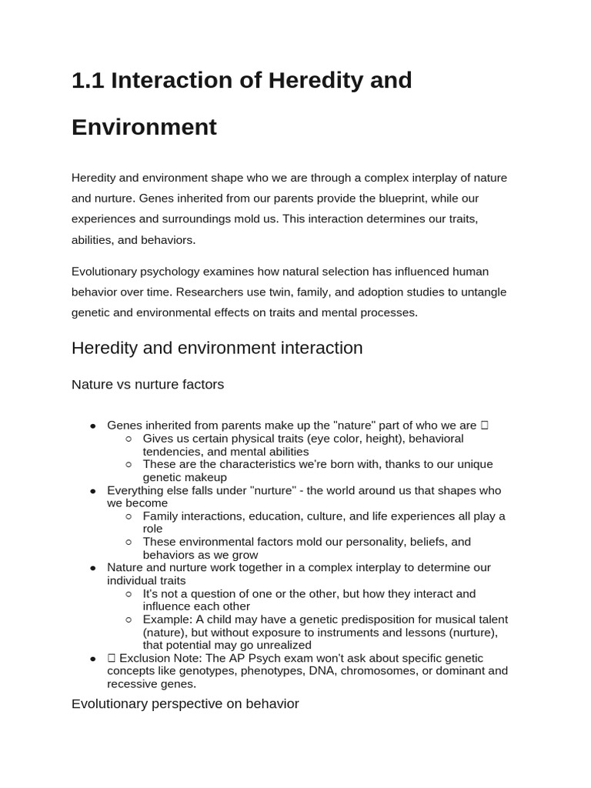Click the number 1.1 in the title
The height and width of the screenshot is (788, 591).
88,80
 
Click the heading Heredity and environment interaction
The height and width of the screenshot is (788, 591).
216,348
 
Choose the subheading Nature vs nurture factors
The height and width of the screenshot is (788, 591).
148,385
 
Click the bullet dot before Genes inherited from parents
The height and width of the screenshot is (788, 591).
92,426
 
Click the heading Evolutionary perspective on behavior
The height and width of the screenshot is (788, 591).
185,704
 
